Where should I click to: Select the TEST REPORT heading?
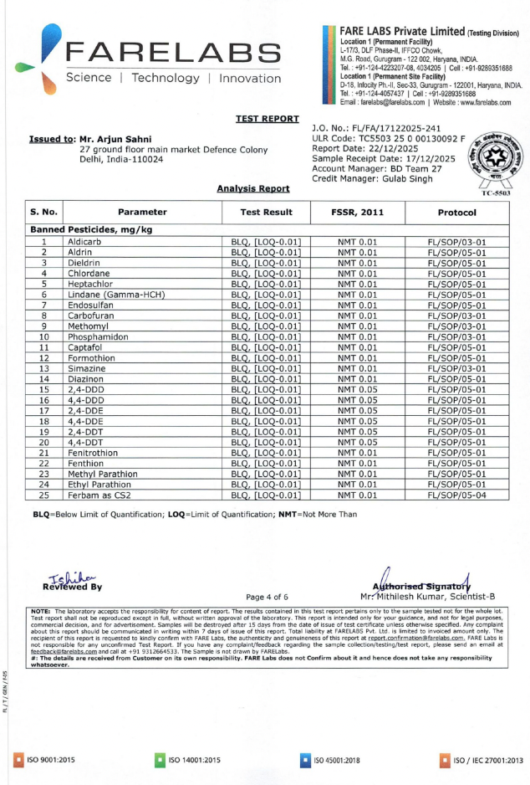point(262,119)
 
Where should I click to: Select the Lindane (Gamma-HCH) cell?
point(115,295)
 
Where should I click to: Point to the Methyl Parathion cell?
point(103,474)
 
